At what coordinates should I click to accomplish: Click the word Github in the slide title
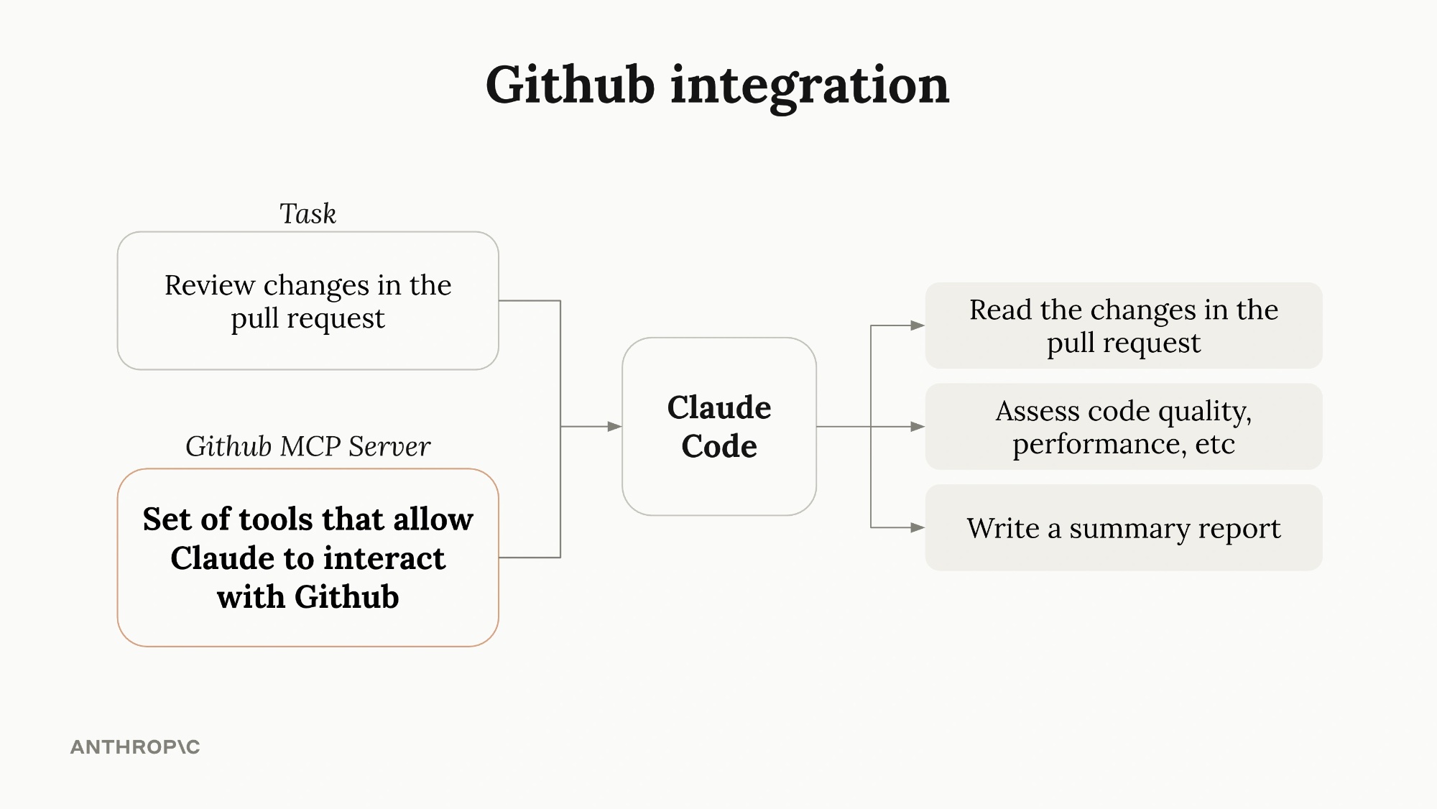pos(570,85)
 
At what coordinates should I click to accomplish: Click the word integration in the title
pos(810,85)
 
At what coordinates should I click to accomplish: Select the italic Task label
pos(308,214)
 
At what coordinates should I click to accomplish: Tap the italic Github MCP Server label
pos(308,446)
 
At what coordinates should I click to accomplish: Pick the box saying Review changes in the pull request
pos(308,301)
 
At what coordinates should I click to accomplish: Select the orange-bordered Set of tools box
pos(308,558)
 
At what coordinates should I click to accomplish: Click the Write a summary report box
pos(1123,528)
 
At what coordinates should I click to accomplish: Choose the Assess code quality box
pos(1123,427)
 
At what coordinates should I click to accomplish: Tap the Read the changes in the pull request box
pos(1123,325)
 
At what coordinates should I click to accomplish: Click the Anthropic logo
pos(135,747)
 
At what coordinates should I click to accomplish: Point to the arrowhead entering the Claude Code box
pos(614,427)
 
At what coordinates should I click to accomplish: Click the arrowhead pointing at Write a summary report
pos(918,528)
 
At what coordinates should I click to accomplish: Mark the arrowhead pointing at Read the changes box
pos(918,325)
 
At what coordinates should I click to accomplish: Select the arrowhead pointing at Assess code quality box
pos(918,427)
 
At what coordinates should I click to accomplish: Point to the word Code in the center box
pos(718,446)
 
